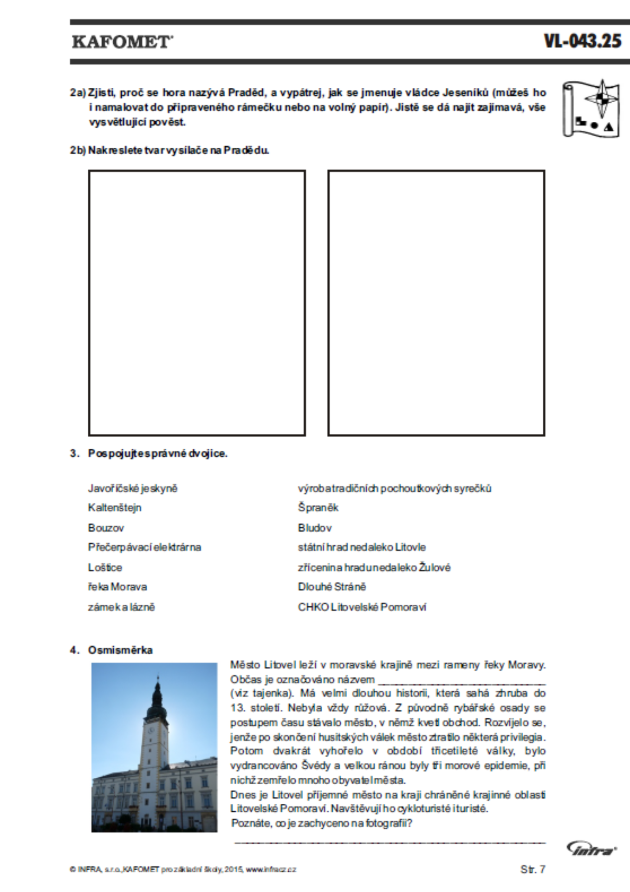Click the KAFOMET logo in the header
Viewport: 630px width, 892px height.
pos(122,42)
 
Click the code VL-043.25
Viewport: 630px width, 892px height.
pos(582,41)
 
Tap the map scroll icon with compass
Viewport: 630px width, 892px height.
pos(591,109)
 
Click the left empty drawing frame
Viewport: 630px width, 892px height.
pos(197,303)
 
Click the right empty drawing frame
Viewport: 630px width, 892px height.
pos(436,303)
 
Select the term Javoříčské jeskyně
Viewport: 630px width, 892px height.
pos(133,488)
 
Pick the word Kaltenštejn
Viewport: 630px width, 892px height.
pos(115,507)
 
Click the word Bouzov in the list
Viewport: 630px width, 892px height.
pos(106,528)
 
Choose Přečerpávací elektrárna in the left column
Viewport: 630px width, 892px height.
pos(144,547)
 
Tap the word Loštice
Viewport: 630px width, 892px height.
pos(105,567)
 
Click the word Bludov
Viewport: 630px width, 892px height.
pos(315,528)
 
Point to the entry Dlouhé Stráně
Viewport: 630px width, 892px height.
pos(331,587)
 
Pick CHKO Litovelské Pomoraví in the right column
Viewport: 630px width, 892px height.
pos(362,607)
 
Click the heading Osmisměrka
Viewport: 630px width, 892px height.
pos(120,650)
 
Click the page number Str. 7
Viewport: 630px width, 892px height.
pos(533,869)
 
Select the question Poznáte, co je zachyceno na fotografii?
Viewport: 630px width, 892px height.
pos(322,823)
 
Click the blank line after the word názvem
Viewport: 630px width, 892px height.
pos(462,681)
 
